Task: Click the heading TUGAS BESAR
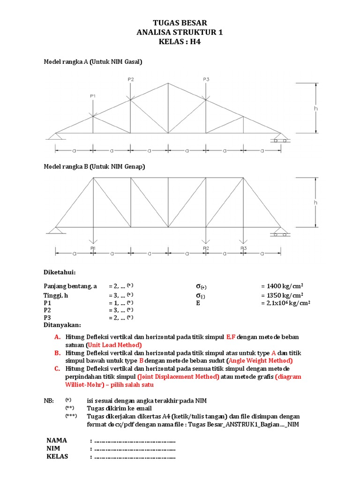point(180,23)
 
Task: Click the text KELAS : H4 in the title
point(180,42)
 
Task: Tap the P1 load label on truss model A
point(93,96)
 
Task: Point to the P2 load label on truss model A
point(131,79)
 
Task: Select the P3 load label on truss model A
point(206,79)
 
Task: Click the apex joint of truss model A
point(168,83)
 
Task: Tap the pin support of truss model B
point(56,230)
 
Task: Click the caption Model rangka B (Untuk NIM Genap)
point(94,166)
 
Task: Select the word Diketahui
point(60,272)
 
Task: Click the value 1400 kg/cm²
point(281,286)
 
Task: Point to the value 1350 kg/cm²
point(281,295)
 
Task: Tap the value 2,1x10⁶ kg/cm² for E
point(285,303)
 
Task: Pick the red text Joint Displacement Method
point(179,376)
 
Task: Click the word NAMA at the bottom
point(57,440)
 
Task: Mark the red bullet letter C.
point(57,368)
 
